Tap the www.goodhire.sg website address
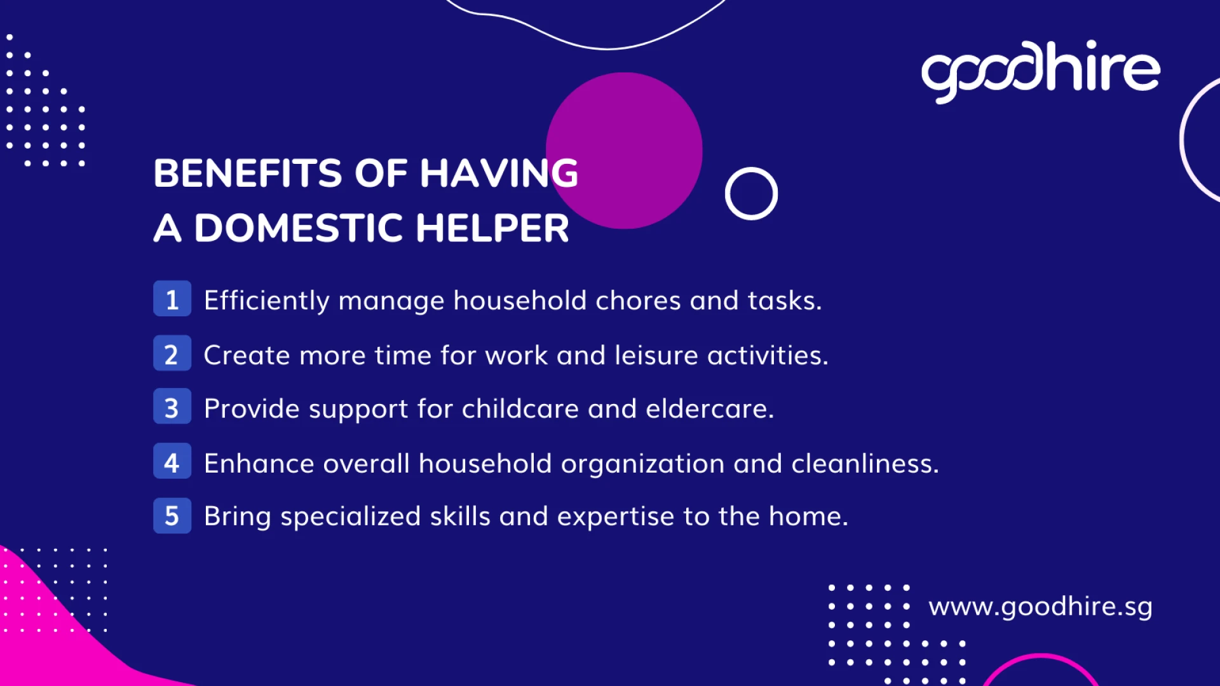pos(1040,607)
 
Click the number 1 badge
pos(172,299)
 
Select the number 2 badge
pos(172,354)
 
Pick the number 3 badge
pos(172,407)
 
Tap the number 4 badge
pos(172,462)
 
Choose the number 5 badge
pos(172,515)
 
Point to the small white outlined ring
pos(751,194)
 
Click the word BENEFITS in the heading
pos(248,173)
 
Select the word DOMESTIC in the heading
pos(298,228)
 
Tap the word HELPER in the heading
pos(492,228)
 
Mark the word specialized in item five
pos(350,516)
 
